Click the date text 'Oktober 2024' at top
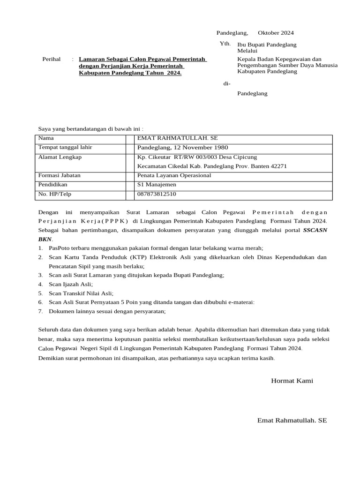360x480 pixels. tap(276, 33)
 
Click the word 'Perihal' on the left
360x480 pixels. tap(52, 59)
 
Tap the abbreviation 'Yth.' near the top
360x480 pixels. tap(225, 44)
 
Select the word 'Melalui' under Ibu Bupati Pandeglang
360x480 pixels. tap(247, 51)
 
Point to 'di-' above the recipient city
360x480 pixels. tap(226, 83)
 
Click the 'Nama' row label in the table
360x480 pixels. tap(46, 138)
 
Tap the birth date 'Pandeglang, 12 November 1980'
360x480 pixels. tap(182, 148)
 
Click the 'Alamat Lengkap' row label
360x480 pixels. tap(60, 157)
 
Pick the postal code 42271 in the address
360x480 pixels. tap(277, 166)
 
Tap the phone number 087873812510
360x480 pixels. tap(157, 194)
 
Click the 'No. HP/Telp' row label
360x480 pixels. tap(54, 194)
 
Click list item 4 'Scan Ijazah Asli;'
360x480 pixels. tap(71, 284)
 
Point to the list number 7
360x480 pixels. tap(40, 311)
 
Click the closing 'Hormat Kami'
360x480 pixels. tap(292, 381)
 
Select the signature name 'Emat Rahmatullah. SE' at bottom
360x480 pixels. tap(292, 420)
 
